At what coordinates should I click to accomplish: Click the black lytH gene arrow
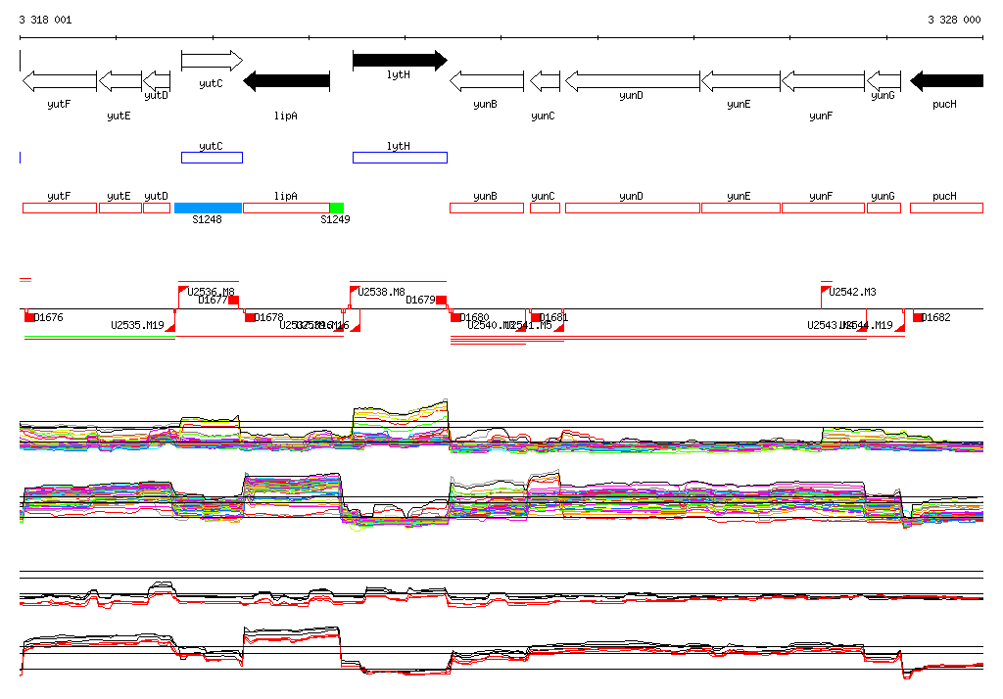[x=399, y=61]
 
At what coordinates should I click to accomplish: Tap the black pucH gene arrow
[x=946, y=80]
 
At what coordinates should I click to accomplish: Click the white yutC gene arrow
[x=212, y=61]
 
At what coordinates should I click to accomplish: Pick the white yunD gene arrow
[x=633, y=80]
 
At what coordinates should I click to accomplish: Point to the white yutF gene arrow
[x=59, y=80]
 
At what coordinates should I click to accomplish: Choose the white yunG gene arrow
[x=884, y=80]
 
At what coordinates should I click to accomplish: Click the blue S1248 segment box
[x=208, y=208]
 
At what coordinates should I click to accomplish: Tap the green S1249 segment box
[x=337, y=208]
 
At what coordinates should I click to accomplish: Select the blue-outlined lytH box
[x=400, y=158]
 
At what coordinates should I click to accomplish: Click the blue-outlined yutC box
[x=212, y=158]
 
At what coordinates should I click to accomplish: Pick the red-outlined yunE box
[x=740, y=208]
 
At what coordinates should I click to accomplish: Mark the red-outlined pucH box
[x=946, y=208]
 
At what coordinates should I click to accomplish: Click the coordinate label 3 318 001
[x=45, y=20]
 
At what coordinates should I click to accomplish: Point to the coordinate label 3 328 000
[x=954, y=20]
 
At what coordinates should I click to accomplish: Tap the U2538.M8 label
[x=381, y=292]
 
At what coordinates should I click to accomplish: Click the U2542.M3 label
[x=852, y=292]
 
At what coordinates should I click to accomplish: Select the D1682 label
[x=936, y=317]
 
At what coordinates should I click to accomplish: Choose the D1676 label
[x=48, y=317]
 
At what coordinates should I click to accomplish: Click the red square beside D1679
[x=442, y=300]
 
